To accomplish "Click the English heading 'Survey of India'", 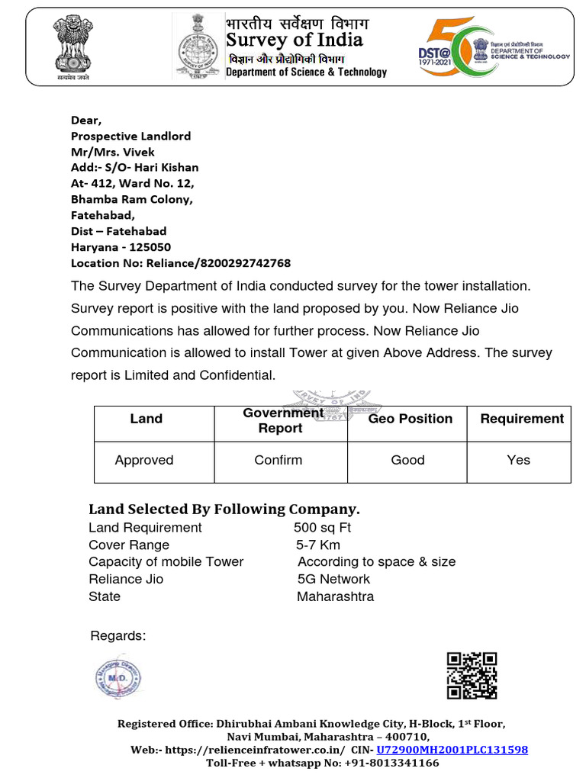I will pos(295,40).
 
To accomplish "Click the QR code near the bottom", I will pos(472,676).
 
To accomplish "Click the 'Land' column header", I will pos(146,419).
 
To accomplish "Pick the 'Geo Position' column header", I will pos(410,419).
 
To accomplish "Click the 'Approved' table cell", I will pos(143,460).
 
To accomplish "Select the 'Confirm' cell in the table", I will pos(279,460).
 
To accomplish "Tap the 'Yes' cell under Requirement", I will pos(518,460).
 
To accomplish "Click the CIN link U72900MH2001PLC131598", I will pos(452,750).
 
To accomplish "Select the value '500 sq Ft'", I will pos(322,528).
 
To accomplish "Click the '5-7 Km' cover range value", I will pos(318,545).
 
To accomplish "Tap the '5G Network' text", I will pos(333,579).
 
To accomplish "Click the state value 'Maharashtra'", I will pos(335,596).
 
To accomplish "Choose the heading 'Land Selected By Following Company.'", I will pos(224,509).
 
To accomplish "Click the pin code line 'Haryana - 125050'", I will pos(121,247).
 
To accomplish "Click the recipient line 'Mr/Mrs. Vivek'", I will pos(112,152).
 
